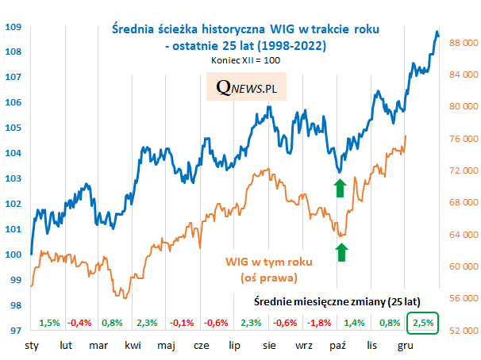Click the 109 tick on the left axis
point(12,26)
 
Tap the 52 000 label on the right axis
point(462,330)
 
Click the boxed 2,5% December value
point(423,323)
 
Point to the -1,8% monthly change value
point(320,323)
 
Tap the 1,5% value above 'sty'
point(49,323)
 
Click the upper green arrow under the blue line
point(340,188)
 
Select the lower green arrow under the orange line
point(341,252)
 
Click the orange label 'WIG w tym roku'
point(269,262)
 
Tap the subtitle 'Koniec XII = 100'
point(245,60)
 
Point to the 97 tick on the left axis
point(12,330)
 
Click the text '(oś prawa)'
point(269,278)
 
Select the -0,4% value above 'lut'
point(80,323)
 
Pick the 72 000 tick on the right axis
point(462,170)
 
